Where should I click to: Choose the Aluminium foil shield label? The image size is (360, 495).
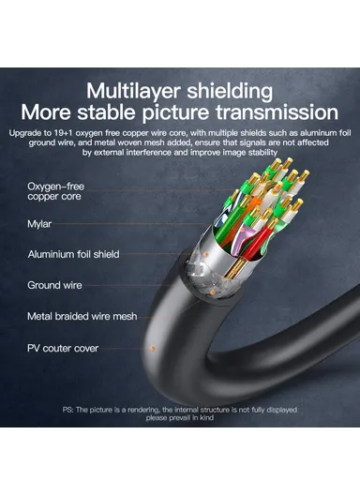[74, 254]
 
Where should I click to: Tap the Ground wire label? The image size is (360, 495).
[55, 285]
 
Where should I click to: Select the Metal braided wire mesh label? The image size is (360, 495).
[82, 316]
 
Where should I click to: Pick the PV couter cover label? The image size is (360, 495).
[63, 348]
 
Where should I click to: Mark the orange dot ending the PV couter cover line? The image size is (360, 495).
[151, 349]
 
